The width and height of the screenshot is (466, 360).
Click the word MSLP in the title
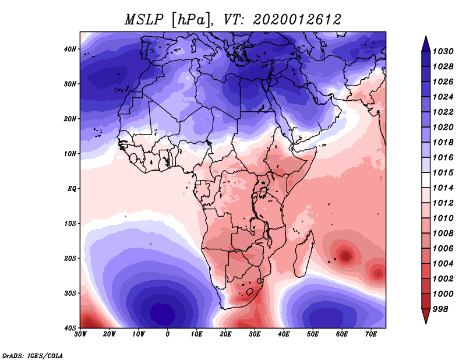pyautogui.click(x=144, y=20)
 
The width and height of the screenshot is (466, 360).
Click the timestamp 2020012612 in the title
pyautogui.click(x=297, y=20)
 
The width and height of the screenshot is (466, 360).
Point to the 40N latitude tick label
pyautogui.click(x=70, y=49)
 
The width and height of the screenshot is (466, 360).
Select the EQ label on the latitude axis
pyautogui.click(x=72, y=189)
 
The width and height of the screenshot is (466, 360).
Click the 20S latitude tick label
pyautogui.click(x=70, y=258)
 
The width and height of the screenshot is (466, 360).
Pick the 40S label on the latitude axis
pyautogui.click(x=70, y=328)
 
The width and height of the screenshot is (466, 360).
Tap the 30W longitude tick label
pyautogui.click(x=80, y=334)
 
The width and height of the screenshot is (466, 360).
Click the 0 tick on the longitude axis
pyautogui.click(x=168, y=334)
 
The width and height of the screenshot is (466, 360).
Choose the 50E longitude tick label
pyautogui.click(x=313, y=334)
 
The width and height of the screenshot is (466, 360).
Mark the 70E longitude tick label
pyautogui.click(x=371, y=334)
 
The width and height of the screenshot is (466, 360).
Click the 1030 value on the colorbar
pyautogui.click(x=443, y=51)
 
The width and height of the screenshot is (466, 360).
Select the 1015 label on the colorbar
pyautogui.click(x=443, y=172)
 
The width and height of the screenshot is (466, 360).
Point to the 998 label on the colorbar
pyautogui.click(x=440, y=309)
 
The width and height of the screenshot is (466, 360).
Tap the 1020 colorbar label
pyautogui.click(x=443, y=127)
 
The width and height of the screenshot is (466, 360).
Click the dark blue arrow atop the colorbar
pyautogui.click(x=426, y=45)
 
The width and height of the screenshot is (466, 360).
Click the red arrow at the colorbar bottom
pyautogui.click(x=426, y=316)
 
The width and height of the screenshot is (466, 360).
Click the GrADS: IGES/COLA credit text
pyautogui.click(x=33, y=355)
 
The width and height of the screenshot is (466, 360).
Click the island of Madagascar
pyautogui.click(x=303, y=254)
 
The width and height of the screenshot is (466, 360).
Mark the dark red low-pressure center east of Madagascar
pyautogui.click(x=345, y=255)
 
